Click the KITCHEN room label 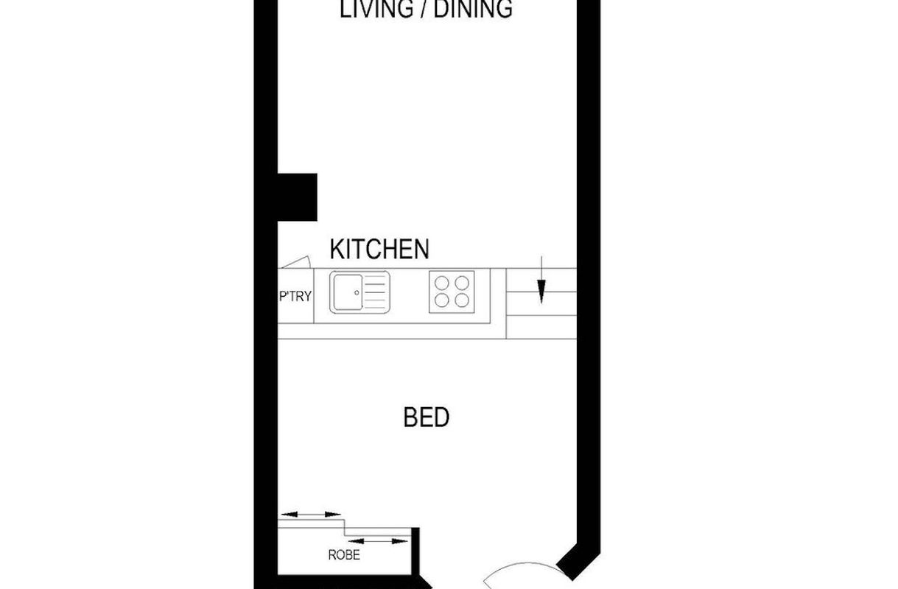[x=379, y=249]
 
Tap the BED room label [x=426, y=417]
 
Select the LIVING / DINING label [x=426, y=9]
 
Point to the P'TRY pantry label [x=295, y=296]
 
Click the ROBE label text [x=344, y=555]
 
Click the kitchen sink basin [x=348, y=292]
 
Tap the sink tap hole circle [x=357, y=293]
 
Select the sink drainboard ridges [x=376, y=292]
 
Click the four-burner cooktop [x=452, y=292]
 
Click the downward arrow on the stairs [x=541, y=280]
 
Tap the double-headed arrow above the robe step [x=311, y=514]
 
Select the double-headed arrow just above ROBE [x=378, y=541]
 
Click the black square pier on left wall [x=297, y=197]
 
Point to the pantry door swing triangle [x=296, y=262]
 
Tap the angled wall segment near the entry [x=578, y=562]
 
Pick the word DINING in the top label [x=473, y=9]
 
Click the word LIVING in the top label [x=376, y=9]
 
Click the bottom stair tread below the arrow [x=541, y=327]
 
